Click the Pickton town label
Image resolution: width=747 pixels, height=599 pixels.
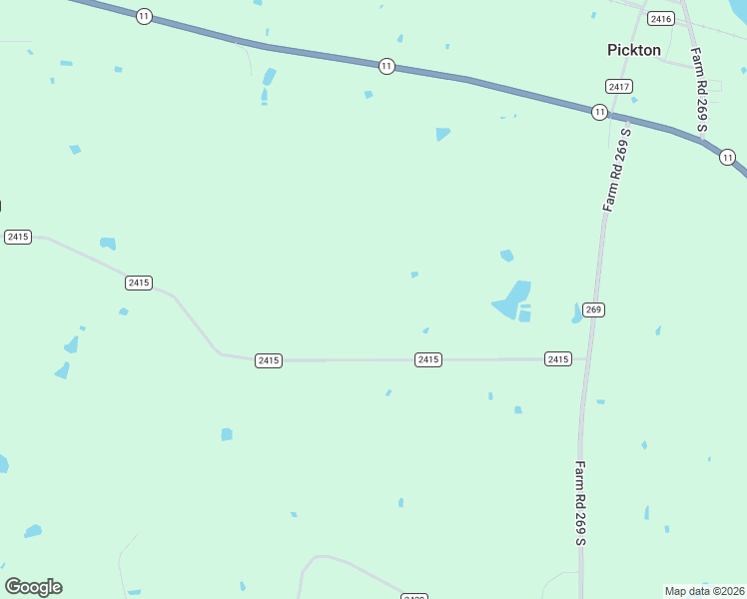click(634, 50)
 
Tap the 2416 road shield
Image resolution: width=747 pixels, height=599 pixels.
click(660, 19)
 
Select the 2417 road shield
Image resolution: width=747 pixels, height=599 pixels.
click(619, 87)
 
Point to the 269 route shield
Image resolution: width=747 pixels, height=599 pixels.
click(594, 309)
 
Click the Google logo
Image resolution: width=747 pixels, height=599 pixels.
click(34, 587)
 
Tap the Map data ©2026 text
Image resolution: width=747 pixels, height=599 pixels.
click(704, 591)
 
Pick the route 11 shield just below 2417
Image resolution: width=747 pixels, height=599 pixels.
click(599, 112)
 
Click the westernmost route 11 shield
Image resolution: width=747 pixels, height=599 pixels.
click(145, 16)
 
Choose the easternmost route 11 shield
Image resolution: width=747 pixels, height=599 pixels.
click(727, 157)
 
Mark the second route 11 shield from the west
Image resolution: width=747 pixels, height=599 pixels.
click(386, 66)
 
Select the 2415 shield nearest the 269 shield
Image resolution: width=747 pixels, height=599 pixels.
click(558, 358)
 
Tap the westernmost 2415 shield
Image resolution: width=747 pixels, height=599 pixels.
click(18, 237)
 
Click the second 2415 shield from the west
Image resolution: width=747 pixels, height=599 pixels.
click(139, 283)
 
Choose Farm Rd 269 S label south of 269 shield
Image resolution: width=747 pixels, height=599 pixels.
click(580, 502)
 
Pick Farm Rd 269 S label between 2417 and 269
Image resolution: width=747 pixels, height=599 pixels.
click(618, 169)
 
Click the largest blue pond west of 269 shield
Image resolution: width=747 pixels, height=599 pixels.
click(511, 300)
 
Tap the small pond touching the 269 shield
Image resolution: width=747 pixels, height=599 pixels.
click(577, 313)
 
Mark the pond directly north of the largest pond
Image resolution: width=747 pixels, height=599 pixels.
click(506, 256)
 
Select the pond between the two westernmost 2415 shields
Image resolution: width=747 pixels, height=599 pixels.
click(108, 243)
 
